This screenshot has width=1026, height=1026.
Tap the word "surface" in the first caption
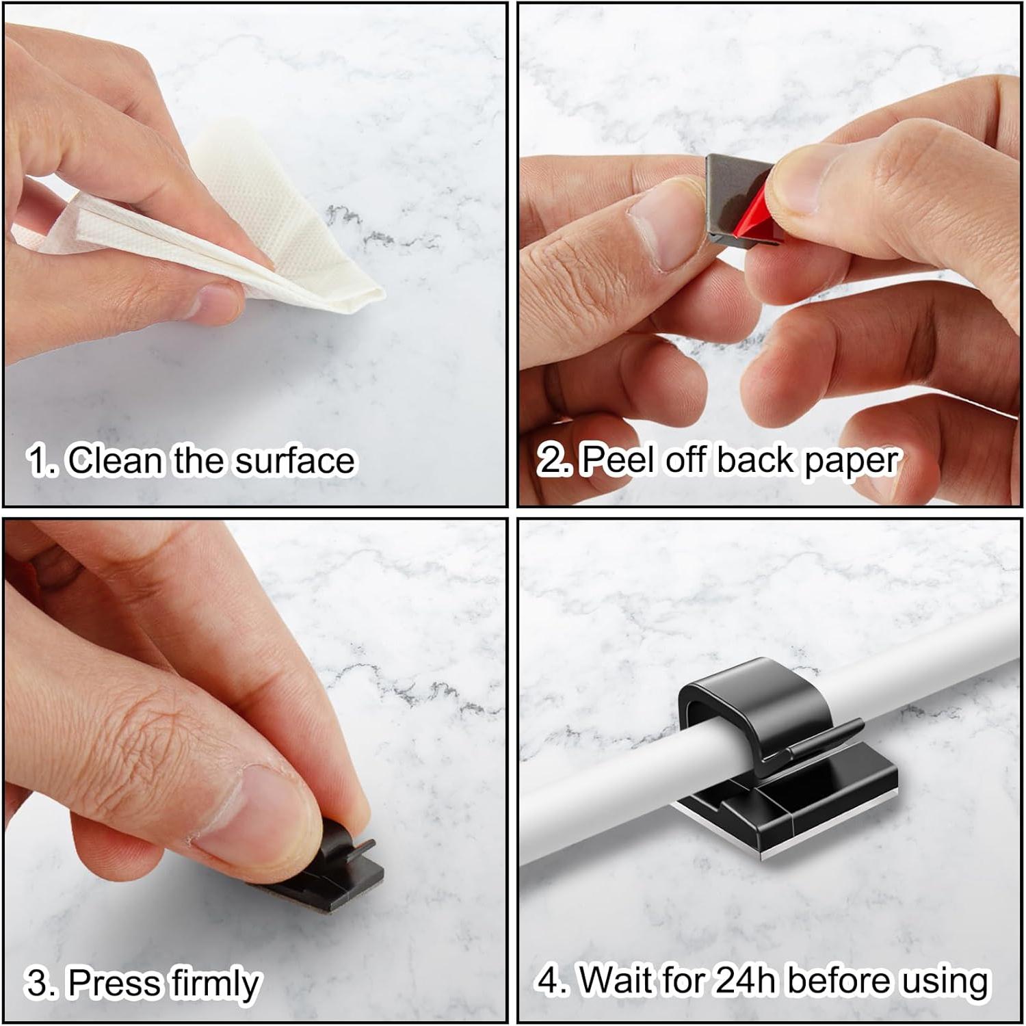(x=295, y=461)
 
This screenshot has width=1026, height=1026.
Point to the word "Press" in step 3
(x=115, y=983)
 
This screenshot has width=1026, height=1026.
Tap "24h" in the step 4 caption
(x=745, y=980)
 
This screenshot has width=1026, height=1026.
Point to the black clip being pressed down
(x=342, y=872)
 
